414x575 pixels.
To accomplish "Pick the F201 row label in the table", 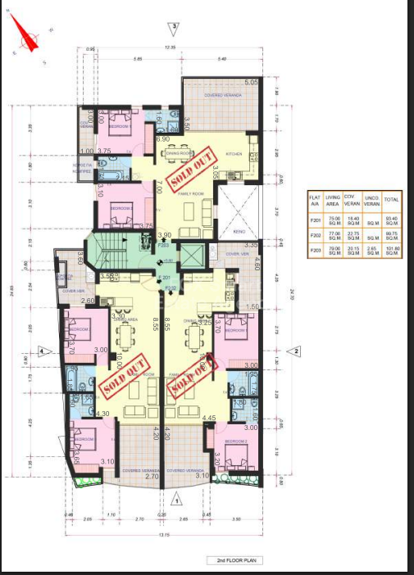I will (312, 218).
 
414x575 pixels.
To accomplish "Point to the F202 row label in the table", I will (312, 234).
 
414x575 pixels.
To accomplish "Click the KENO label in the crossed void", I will (239, 231).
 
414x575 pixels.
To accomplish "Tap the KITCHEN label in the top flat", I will (234, 152).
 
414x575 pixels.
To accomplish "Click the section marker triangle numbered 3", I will (175, 27).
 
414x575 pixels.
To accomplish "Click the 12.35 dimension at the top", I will (171, 48).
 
